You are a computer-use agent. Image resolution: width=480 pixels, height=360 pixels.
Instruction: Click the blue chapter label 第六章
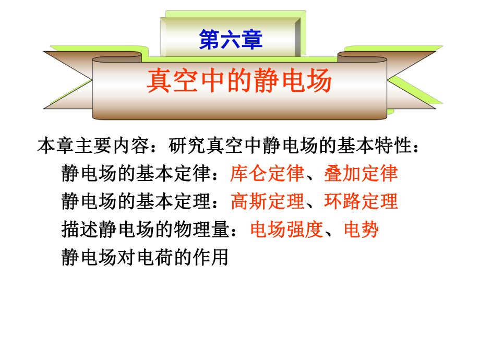[231, 40]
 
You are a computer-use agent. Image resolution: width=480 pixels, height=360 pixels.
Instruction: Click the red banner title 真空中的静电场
[239, 82]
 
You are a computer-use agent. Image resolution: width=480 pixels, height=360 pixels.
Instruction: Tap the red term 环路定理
[361, 201]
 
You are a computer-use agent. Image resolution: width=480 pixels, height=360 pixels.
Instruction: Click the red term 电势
[361, 229]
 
